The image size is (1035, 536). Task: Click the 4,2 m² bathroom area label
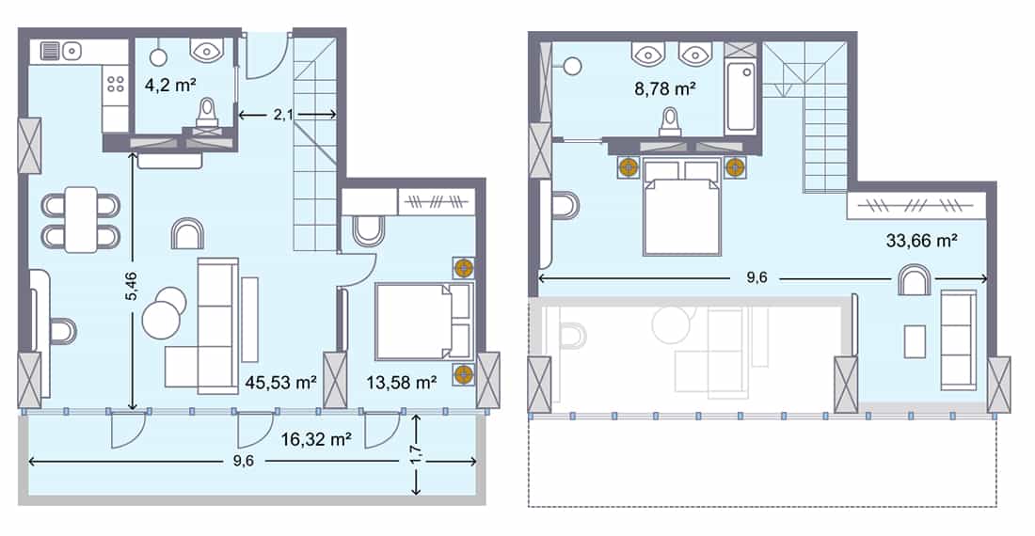pyautogui.click(x=169, y=84)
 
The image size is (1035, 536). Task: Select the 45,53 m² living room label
pyautogui.click(x=279, y=382)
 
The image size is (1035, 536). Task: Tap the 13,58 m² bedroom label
pyautogui.click(x=400, y=382)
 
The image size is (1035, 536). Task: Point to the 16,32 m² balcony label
pyautogui.click(x=315, y=437)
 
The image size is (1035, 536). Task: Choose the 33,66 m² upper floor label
pyautogui.click(x=922, y=241)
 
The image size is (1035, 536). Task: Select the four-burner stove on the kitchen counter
pyautogui.click(x=116, y=84)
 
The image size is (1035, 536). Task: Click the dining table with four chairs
pyautogui.click(x=81, y=219)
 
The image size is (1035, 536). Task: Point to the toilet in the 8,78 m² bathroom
pyautogui.click(x=670, y=122)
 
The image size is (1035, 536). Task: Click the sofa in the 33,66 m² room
pyautogui.click(x=959, y=339)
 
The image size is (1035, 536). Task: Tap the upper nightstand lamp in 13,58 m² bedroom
pyautogui.click(x=463, y=268)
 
